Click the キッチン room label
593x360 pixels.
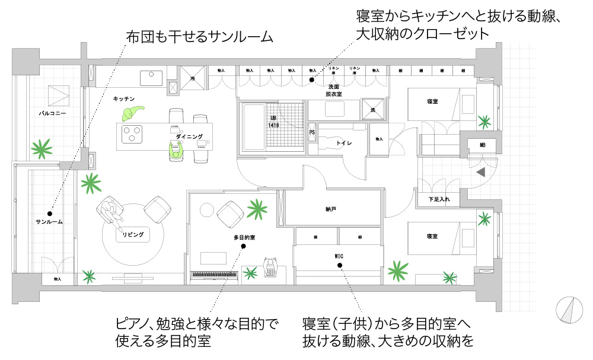(x=125, y=98)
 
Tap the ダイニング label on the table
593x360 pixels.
(x=189, y=136)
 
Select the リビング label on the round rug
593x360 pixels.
(x=133, y=235)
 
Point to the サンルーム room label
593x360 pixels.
(x=49, y=222)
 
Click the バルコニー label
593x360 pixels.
(x=53, y=112)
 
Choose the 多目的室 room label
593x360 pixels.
(x=244, y=237)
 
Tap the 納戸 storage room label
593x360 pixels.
(x=331, y=209)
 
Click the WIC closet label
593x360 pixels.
(x=339, y=256)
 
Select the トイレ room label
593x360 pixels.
(x=345, y=143)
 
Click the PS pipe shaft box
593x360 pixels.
(x=312, y=132)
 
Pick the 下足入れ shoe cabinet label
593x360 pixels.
(x=439, y=199)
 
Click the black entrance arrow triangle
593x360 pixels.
(x=481, y=172)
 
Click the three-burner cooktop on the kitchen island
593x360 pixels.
(x=131, y=135)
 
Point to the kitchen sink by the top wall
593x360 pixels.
(x=151, y=78)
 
